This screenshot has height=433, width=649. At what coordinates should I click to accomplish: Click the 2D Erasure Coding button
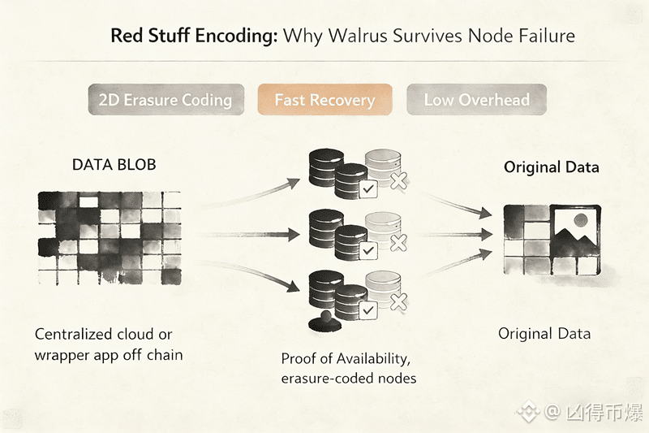tap(165, 101)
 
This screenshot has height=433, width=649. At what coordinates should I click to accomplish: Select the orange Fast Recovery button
tap(324, 101)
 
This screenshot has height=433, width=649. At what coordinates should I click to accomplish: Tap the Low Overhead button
tap(476, 101)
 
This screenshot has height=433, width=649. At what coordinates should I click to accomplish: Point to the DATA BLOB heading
tap(114, 165)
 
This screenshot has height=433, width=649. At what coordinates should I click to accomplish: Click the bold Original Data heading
tap(551, 167)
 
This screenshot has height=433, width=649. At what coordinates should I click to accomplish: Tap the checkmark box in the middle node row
tap(367, 251)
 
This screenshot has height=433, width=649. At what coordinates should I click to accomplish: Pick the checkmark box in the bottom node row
tap(367, 311)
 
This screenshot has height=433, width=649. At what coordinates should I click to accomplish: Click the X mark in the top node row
tap(398, 181)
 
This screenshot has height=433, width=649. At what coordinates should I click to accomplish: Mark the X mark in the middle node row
tap(398, 243)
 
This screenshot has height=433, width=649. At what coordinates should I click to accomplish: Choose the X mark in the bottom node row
tap(398, 303)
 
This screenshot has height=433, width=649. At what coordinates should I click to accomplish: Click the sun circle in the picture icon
tap(579, 220)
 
